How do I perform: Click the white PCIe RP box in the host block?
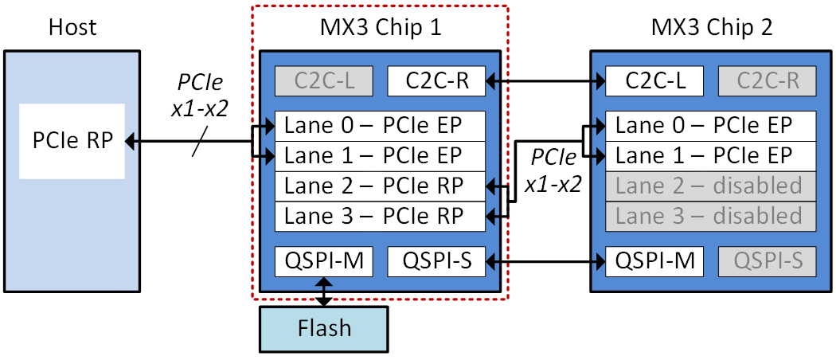point(72,141)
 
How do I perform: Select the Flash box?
point(323,329)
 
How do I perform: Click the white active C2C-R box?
point(436,81)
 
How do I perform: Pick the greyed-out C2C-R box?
point(768,81)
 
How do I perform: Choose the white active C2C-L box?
point(654,81)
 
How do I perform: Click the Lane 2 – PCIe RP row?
point(380,186)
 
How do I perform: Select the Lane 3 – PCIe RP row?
point(380,216)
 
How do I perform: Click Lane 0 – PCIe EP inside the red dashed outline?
point(380,126)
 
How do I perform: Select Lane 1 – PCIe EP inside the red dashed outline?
point(380,156)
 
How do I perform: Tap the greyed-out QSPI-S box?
point(768,260)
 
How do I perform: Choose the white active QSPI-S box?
point(436,260)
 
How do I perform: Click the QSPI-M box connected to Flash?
point(323,260)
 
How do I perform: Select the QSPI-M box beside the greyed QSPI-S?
point(654,260)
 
